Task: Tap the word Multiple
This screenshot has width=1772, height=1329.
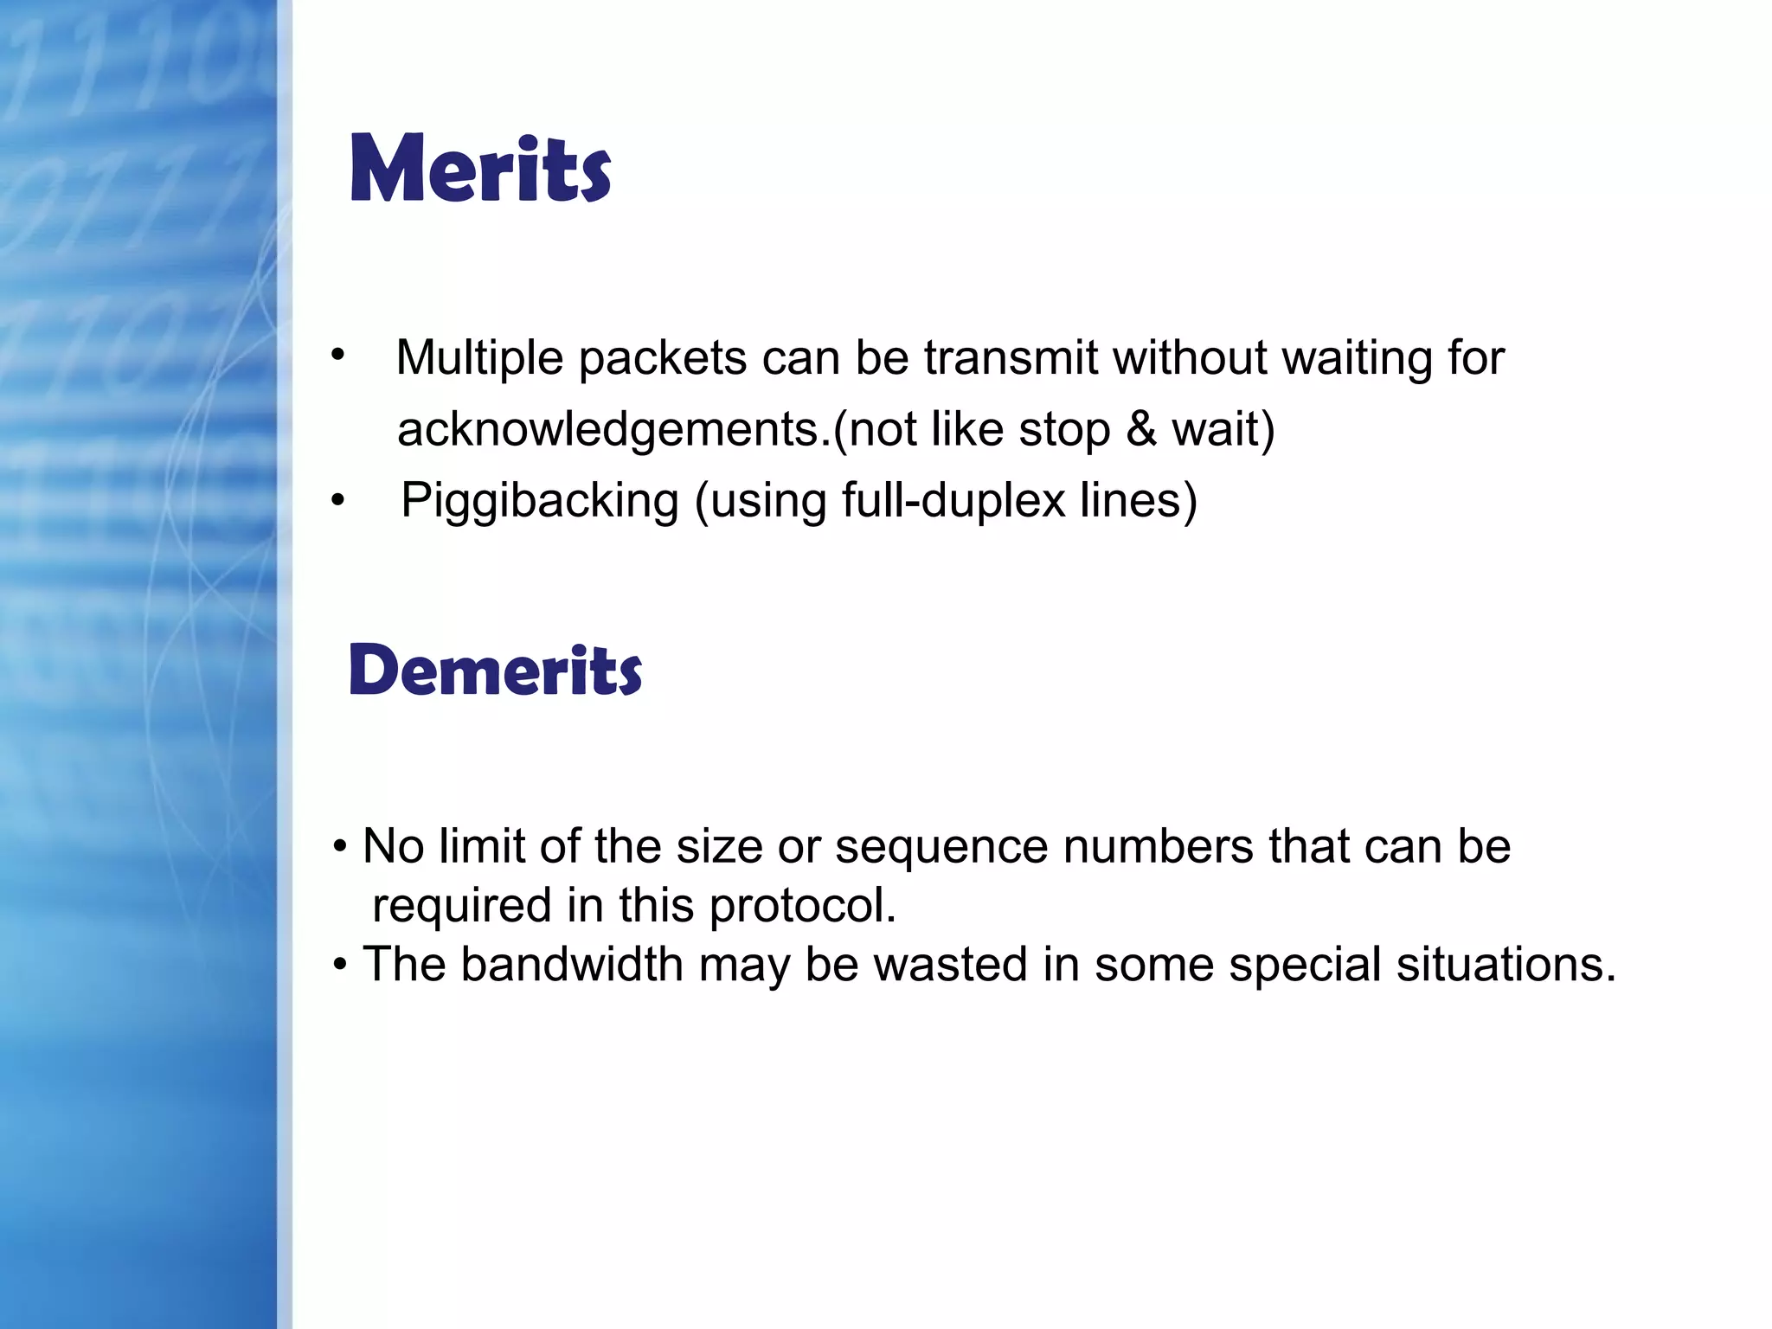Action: click(479, 357)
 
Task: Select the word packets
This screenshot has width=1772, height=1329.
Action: click(663, 357)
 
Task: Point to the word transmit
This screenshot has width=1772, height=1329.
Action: click(1011, 357)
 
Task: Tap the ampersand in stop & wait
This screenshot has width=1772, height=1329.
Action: click(1141, 429)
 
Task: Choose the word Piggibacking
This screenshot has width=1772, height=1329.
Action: click(540, 500)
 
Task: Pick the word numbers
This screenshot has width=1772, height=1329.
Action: click(1159, 846)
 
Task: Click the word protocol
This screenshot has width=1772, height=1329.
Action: click(802, 906)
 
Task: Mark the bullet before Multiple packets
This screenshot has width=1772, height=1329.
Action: click(337, 354)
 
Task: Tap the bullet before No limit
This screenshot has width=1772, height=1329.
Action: click(340, 846)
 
